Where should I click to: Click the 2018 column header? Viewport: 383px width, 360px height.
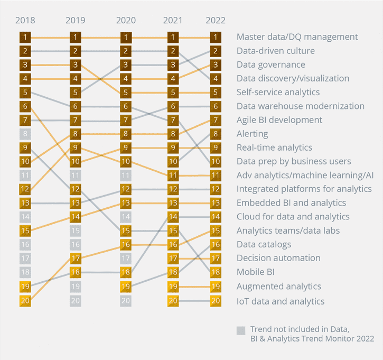pos(25,21)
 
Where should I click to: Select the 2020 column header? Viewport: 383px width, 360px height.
pos(126,21)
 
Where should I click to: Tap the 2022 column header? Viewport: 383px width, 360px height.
pos(216,21)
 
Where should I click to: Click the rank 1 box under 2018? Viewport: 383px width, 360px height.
pos(25,37)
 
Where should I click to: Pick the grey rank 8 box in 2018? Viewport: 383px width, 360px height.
pos(25,134)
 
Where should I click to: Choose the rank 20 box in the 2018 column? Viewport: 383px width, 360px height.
pos(25,300)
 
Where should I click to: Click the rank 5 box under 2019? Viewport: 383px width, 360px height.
pos(76,93)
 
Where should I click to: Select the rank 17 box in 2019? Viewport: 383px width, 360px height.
pos(76,259)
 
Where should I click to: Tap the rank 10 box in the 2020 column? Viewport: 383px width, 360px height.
pos(126,162)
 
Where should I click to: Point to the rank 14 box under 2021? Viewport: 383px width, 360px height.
pos(173,217)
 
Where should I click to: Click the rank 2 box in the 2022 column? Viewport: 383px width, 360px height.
pos(216,51)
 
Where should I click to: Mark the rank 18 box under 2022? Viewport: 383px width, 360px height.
pos(216,272)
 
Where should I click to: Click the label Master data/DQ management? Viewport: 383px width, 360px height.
pos(297,37)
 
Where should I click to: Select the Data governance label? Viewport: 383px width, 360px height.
pos(270,64)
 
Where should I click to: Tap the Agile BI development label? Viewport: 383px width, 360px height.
pos(279,120)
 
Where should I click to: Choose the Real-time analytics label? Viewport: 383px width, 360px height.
pos(274,147)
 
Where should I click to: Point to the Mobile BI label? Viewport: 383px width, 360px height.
pos(255,272)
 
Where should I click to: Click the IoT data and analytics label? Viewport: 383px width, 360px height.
pos(280,301)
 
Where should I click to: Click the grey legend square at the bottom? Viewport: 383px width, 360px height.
pos(241,331)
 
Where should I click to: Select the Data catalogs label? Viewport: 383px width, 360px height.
pos(264,244)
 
